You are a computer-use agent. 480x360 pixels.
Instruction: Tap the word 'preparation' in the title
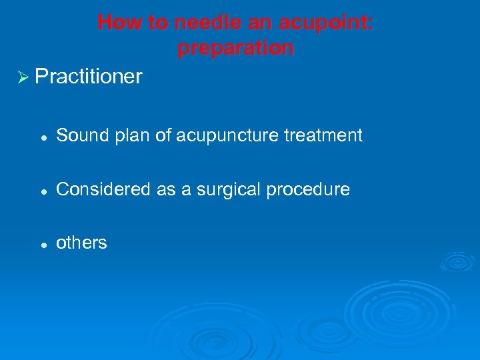pos(235,48)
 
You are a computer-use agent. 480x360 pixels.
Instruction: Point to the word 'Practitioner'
pos(89,77)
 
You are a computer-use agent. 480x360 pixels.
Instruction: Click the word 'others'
pos(81,243)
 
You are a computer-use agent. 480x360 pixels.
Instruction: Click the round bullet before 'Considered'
pos(42,191)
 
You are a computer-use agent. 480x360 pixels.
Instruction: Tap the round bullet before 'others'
pos(42,244)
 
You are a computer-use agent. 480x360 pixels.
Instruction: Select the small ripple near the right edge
pos(459,261)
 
